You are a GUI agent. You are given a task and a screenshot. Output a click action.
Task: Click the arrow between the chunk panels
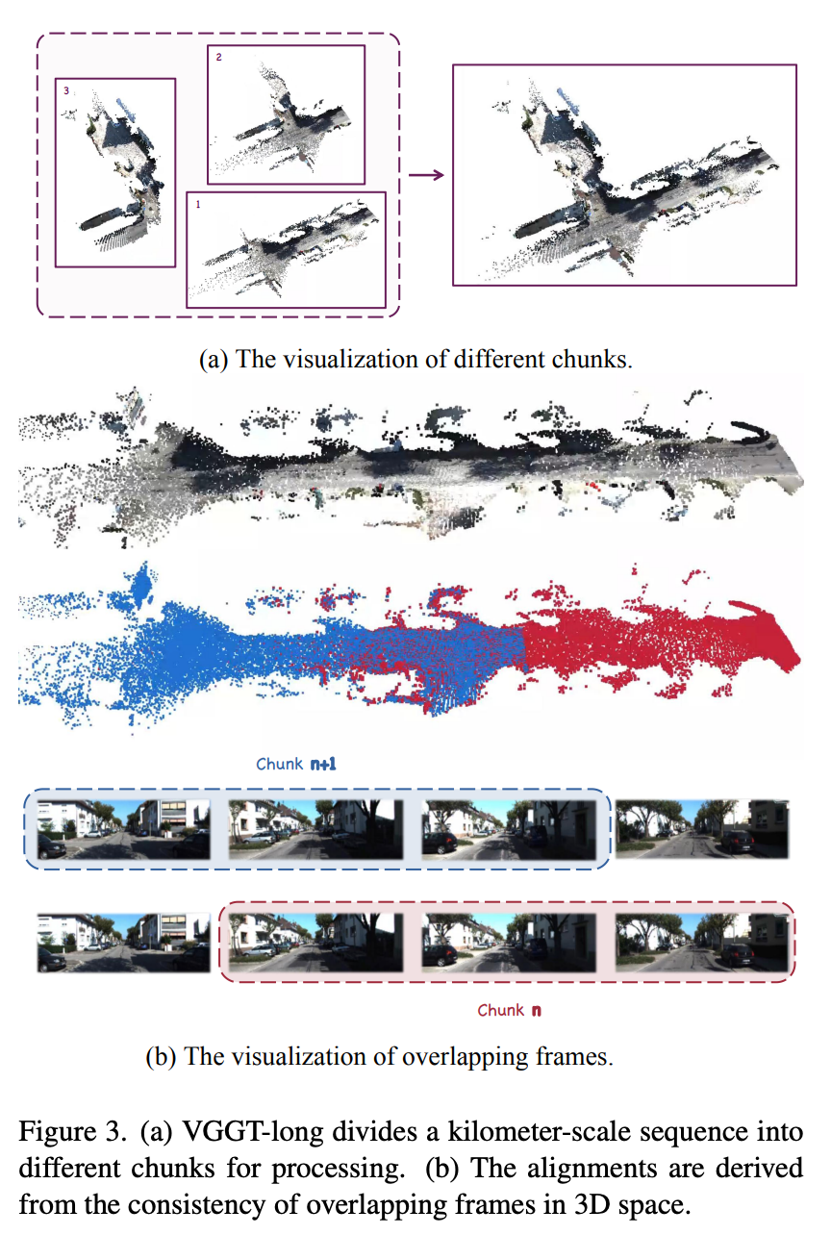426,175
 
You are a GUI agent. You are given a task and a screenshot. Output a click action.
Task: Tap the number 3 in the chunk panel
66,90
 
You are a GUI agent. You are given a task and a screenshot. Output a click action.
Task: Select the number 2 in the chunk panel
219,57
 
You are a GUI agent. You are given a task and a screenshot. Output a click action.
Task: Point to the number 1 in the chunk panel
198,204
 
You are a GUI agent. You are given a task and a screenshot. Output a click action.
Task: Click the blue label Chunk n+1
296,764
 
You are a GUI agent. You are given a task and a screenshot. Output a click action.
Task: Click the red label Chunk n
509,1010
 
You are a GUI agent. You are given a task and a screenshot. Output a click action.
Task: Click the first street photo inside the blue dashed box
123,829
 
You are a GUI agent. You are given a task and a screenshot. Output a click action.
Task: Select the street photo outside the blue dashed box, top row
702,829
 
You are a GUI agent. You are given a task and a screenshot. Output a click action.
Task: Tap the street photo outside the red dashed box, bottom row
123,943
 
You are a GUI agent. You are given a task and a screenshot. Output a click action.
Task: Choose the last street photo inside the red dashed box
702,943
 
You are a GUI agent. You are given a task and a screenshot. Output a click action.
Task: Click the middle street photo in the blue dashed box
315,829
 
